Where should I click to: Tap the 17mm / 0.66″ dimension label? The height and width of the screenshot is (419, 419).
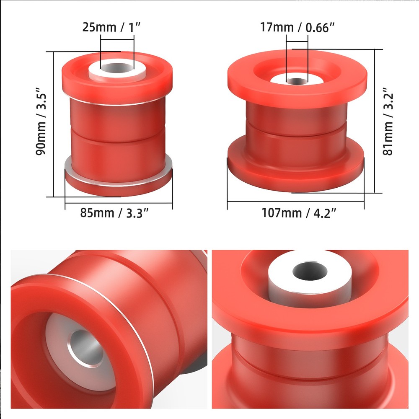297,28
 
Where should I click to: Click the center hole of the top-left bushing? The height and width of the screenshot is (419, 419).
117,67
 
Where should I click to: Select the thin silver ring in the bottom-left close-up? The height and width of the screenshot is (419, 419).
138,318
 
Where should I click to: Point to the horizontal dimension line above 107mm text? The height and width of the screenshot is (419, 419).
296,202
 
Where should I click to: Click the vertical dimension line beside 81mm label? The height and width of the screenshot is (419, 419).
374,122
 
